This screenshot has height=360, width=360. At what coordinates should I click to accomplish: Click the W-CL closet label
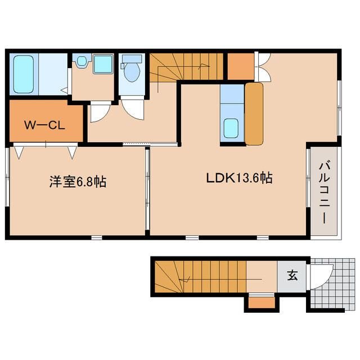44,125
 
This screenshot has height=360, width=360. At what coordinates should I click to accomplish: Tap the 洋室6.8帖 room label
78,182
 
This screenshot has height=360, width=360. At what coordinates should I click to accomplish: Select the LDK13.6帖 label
240,178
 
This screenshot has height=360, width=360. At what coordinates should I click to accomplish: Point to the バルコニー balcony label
324,192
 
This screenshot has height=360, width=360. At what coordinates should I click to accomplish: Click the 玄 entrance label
292,275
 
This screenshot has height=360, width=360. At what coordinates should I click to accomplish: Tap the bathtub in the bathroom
24,74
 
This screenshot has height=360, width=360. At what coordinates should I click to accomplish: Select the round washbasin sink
82,61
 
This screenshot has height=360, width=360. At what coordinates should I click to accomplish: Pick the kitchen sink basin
231,128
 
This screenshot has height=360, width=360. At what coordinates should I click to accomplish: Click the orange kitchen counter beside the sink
254,114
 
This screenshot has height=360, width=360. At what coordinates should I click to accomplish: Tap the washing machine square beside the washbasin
103,64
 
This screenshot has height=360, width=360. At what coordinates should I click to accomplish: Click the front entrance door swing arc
321,277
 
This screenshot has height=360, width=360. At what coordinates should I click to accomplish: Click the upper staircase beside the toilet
186,67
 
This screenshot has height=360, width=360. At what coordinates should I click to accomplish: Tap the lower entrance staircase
200,277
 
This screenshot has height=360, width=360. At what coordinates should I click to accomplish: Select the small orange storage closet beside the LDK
241,66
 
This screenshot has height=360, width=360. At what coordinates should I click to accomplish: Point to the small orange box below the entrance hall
262,303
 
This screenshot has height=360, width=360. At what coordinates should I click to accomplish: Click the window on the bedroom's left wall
7,177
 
